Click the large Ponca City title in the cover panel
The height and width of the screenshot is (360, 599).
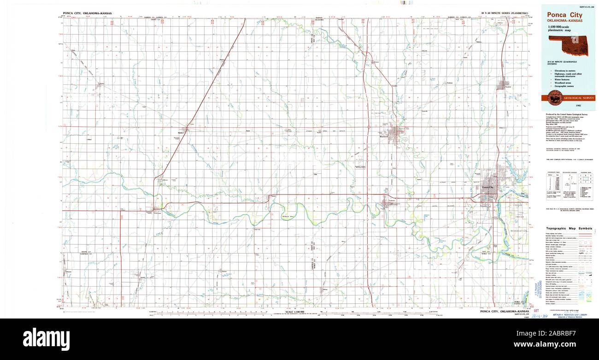click(x=564, y=15)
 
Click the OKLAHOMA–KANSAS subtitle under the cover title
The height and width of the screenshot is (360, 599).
click(x=564, y=21)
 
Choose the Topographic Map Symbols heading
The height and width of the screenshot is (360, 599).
click(x=569, y=229)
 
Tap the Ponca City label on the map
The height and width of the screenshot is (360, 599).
click(x=487, y=188)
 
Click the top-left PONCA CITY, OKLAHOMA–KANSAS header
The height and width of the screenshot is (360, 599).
click(x=87, y=14)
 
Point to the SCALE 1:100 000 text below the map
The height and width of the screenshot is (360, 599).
click(x=294, y=312)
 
